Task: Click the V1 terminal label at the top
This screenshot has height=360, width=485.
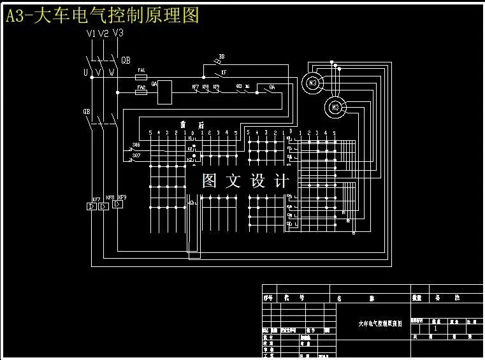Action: point(90,34)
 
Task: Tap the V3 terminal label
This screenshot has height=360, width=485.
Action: point(118,33)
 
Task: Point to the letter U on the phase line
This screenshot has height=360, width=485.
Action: point(85,73)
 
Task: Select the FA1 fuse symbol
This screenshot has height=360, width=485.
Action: point(141,76)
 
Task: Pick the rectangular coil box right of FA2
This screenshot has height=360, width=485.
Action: point(165,92)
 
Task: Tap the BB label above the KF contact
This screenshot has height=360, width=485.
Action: point(221,57)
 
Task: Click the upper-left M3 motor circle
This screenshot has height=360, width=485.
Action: point(312,83)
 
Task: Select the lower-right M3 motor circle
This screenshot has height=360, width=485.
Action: point(335,107)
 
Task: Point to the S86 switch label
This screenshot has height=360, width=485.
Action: point(136,145)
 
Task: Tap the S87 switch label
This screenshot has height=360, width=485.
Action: point(136,155)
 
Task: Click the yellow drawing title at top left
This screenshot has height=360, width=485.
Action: point(103,15)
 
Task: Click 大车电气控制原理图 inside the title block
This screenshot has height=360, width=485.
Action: point(380,324)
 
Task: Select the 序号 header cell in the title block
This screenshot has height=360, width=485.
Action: point(268,298)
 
